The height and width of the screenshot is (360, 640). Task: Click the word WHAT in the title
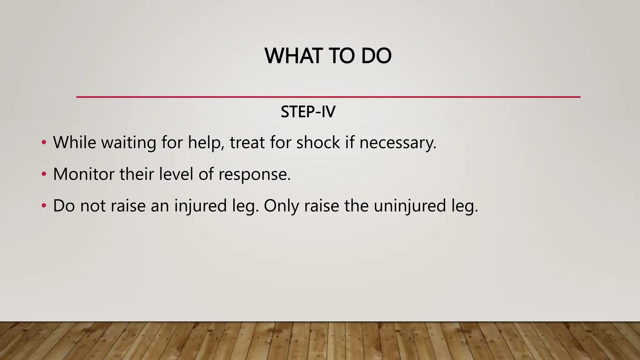click(x=293, y=56)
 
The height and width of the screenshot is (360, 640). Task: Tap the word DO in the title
click(x=376, y=56)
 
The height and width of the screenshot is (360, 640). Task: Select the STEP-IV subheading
click(x=308, y=112)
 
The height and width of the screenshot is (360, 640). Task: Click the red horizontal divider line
click(x=328, y=97)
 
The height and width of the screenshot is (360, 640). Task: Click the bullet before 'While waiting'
click(x=44, y=143)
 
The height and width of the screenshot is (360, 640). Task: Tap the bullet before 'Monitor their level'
click(x=44, y=174)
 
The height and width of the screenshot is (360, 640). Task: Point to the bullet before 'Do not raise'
click(x=44, y=206)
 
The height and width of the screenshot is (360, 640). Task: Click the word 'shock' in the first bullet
click(x=318, y=142)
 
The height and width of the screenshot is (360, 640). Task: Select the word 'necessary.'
click(x=397, y=142)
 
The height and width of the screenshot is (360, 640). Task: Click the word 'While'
click(x=74, y=142)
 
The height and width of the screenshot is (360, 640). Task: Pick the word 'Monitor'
click(x=84, y=174)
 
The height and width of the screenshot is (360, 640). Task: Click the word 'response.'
click(x=254, y=174)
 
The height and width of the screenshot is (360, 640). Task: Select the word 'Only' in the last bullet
click(x=281, y=206)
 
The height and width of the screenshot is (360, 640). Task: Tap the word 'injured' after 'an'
click(x=200, y=206)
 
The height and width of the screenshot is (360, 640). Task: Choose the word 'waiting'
click(x=128, y=142)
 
